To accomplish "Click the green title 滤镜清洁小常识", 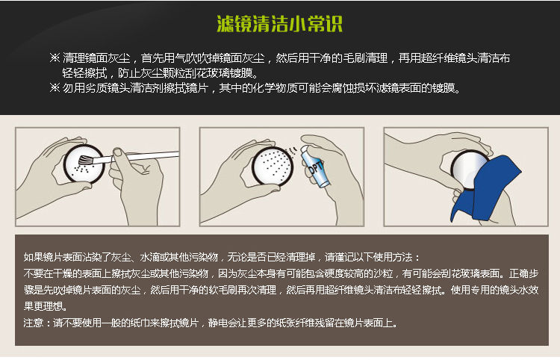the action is (280, 24).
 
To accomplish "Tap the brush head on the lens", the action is (85, 160).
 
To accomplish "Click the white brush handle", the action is (146, 155).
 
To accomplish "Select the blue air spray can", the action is (314, 166).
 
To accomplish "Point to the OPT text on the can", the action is (316, 167).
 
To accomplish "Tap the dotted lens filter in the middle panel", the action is (273, 166).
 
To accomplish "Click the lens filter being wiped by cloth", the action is (468, 168).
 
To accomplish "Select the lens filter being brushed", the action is (84, 164).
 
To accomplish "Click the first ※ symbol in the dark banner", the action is (55, 58).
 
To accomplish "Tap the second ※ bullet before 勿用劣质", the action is (55, 87).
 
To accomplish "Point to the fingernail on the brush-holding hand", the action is (117, 153).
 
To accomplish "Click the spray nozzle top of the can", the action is (304, 148).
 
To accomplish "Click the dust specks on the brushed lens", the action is (81, 169).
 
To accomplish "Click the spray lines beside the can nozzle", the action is (292, 152).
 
